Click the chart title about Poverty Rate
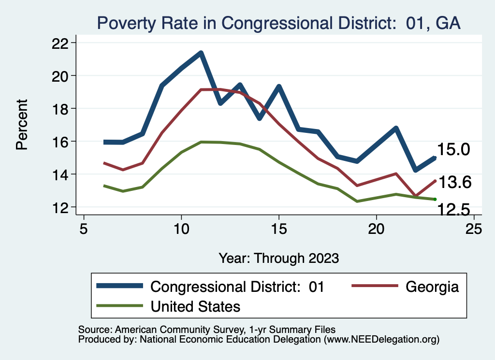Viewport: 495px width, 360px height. (x=278, y=23)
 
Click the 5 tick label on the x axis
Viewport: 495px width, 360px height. (x=84, y=229)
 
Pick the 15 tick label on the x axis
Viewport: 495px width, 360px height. (x=278, y=229)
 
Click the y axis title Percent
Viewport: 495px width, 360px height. (x=22, y=125)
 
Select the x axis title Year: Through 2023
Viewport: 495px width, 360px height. (x=278, y=258)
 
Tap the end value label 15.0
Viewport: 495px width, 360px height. (x=453, y=150)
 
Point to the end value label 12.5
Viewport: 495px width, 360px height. (x=453, y=209)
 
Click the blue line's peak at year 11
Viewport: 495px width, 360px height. (x=201, y=53)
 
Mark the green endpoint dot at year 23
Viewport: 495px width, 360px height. (x=435, y=199)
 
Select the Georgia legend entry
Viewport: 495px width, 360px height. (x=432, y=287)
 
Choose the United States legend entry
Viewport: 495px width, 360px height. (x=195, y=306)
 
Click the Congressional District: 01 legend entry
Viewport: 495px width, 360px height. (x=237, y=287)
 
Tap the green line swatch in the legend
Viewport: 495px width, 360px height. (x=120, y=306)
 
